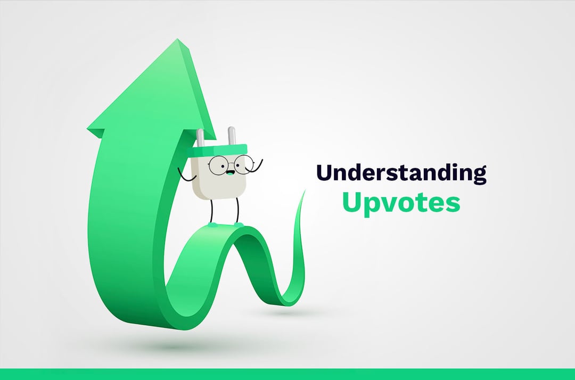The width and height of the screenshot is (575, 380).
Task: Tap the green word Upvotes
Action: (401, 203)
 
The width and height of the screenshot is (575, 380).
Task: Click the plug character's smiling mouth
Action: (229, 172)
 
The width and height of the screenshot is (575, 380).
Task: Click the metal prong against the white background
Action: (232, 136)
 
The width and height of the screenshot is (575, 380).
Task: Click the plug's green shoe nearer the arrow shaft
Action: (212, 224)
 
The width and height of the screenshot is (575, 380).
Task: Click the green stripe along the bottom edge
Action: (287, 374)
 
